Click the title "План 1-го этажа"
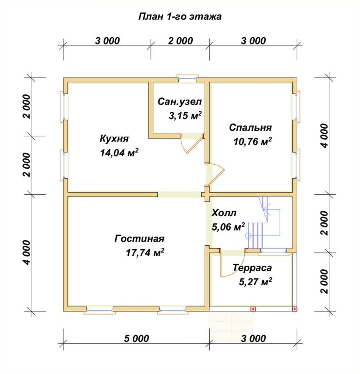(180, 16)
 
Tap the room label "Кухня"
(114, 139)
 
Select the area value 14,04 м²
(119, 152)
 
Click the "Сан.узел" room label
(180, 102)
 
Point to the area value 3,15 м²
(185, 116)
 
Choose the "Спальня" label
(250, 128)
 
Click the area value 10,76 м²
(252, 142)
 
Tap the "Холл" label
(224, 213)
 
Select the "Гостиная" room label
(140, 239)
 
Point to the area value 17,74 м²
(145, 253)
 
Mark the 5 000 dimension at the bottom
(136, 338)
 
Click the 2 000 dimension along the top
(180, 41)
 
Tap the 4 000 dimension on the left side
(27, 253)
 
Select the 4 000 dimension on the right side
(325, 136)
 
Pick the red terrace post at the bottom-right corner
(294, 309)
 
